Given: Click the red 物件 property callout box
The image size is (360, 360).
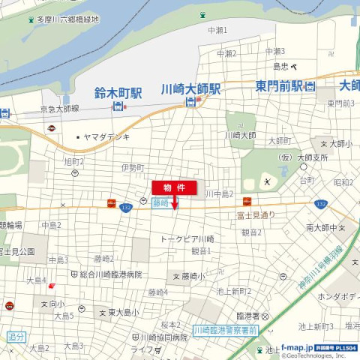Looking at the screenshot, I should click(174, 187).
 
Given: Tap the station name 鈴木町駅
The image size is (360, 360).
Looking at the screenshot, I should click(118, 93).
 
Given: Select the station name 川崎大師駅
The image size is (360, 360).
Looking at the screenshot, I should click(191, 88).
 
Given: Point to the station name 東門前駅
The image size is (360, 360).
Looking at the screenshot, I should click(279, 85).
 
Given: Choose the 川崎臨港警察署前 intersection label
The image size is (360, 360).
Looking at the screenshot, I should click(225, 330).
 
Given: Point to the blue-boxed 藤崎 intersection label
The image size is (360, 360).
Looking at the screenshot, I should click(161, 202).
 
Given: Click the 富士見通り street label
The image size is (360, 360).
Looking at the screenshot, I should click(256, 214).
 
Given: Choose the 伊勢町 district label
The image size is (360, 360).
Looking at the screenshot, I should click(130, 167).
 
